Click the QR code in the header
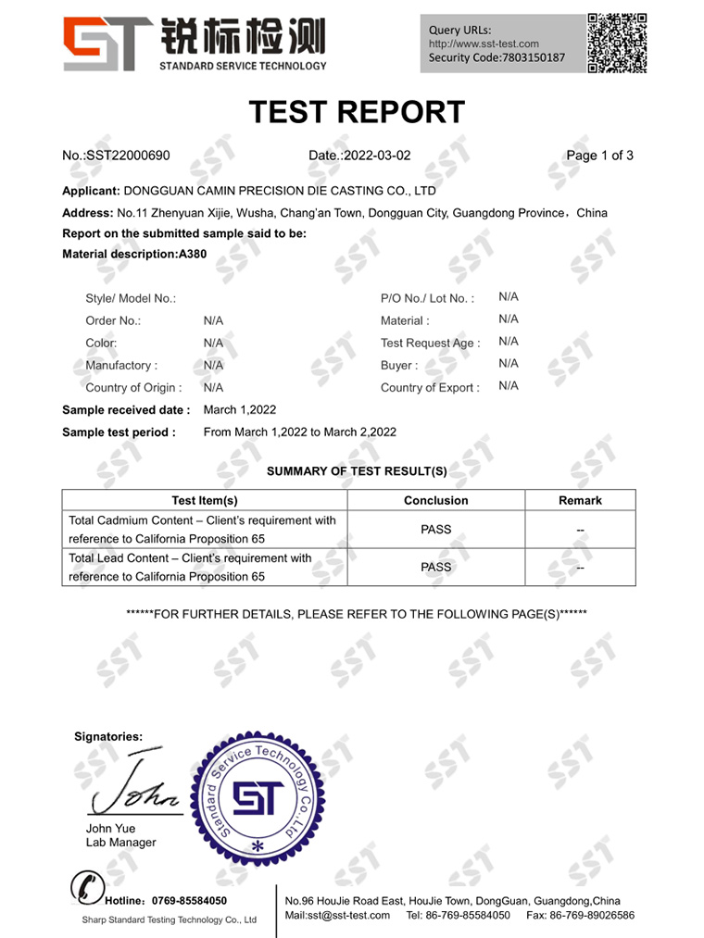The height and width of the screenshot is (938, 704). click(x=617, y=43)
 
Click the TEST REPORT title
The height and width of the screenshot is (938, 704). click(x=357, y=112)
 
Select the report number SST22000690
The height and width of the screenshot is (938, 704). click(x=127, y=156)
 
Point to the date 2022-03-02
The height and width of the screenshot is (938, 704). click(x=376, y=156)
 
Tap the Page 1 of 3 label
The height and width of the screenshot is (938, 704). click(x=599, y=156)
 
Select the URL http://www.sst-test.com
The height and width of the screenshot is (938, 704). click(x=484, y=44)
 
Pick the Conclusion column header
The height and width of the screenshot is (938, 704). click(x=436, y=500)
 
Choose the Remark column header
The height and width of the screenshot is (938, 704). click(x=580, y=500)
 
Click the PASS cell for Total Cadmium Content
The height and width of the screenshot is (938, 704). click(x=436, y=530)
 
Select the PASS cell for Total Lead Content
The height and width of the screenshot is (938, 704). click(x=436, y=567)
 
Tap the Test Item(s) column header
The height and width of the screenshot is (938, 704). click(x=205, y=500)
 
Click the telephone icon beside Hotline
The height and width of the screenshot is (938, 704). click(x=86, y=889)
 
